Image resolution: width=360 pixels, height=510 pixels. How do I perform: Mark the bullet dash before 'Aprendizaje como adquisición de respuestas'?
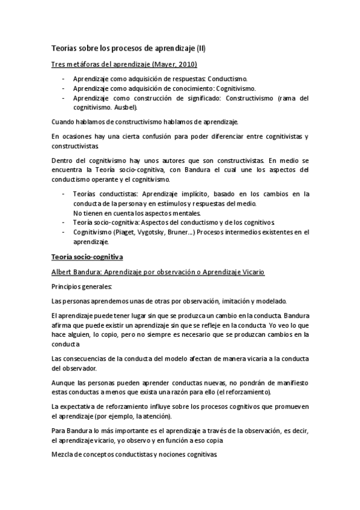click(x=64, y=79)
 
